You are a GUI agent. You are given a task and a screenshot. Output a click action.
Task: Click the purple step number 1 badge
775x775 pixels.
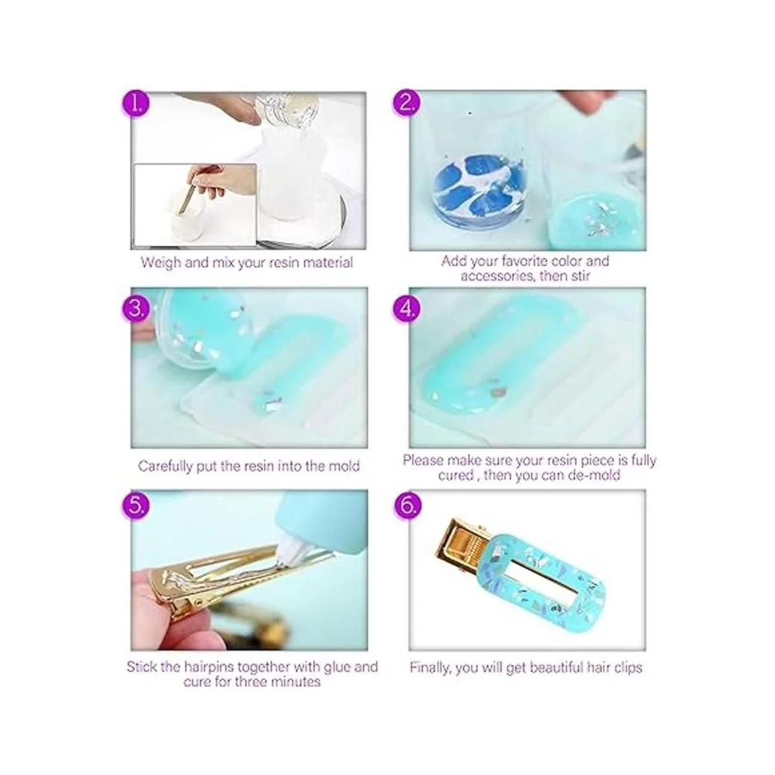click(136, 105)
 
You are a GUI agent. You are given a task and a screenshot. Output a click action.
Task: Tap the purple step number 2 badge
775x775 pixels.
click(407, 104)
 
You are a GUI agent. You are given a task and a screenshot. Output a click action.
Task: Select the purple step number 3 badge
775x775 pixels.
click(136, 310)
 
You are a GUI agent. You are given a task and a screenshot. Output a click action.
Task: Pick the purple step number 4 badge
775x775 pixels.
click(407, 310)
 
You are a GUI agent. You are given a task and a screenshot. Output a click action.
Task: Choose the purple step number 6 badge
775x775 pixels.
click(407, 506)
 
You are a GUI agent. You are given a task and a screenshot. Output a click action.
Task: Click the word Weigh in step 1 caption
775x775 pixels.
click(160, 263)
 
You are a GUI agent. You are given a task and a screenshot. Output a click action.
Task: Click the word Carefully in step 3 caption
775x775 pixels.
click(165, 466)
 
